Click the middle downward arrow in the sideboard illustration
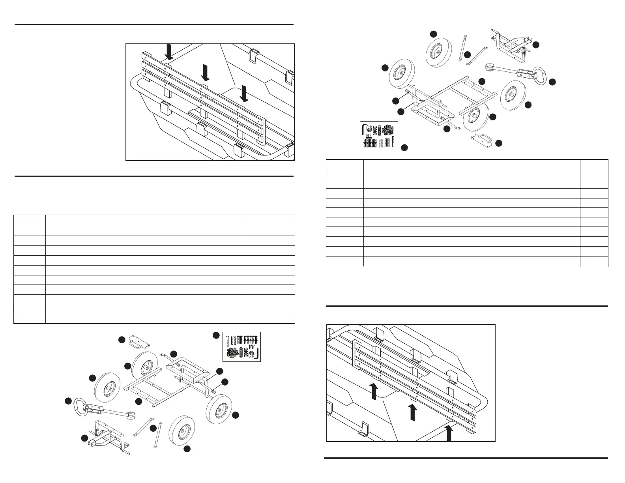pyautogui.click(x=205, y=73)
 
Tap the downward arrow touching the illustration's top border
pyautogui.click(x=169, y=52)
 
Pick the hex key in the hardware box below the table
pyautogui.click(x=257, y=354)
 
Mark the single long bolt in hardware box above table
pyautogui.click(x=393, y=140)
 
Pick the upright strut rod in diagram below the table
pyautogui.click(x=160, y=435)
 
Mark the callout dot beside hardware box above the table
pyautogui.click(x=404, y=148)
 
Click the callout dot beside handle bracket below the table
pyautogui.click(x=122, y=339)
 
